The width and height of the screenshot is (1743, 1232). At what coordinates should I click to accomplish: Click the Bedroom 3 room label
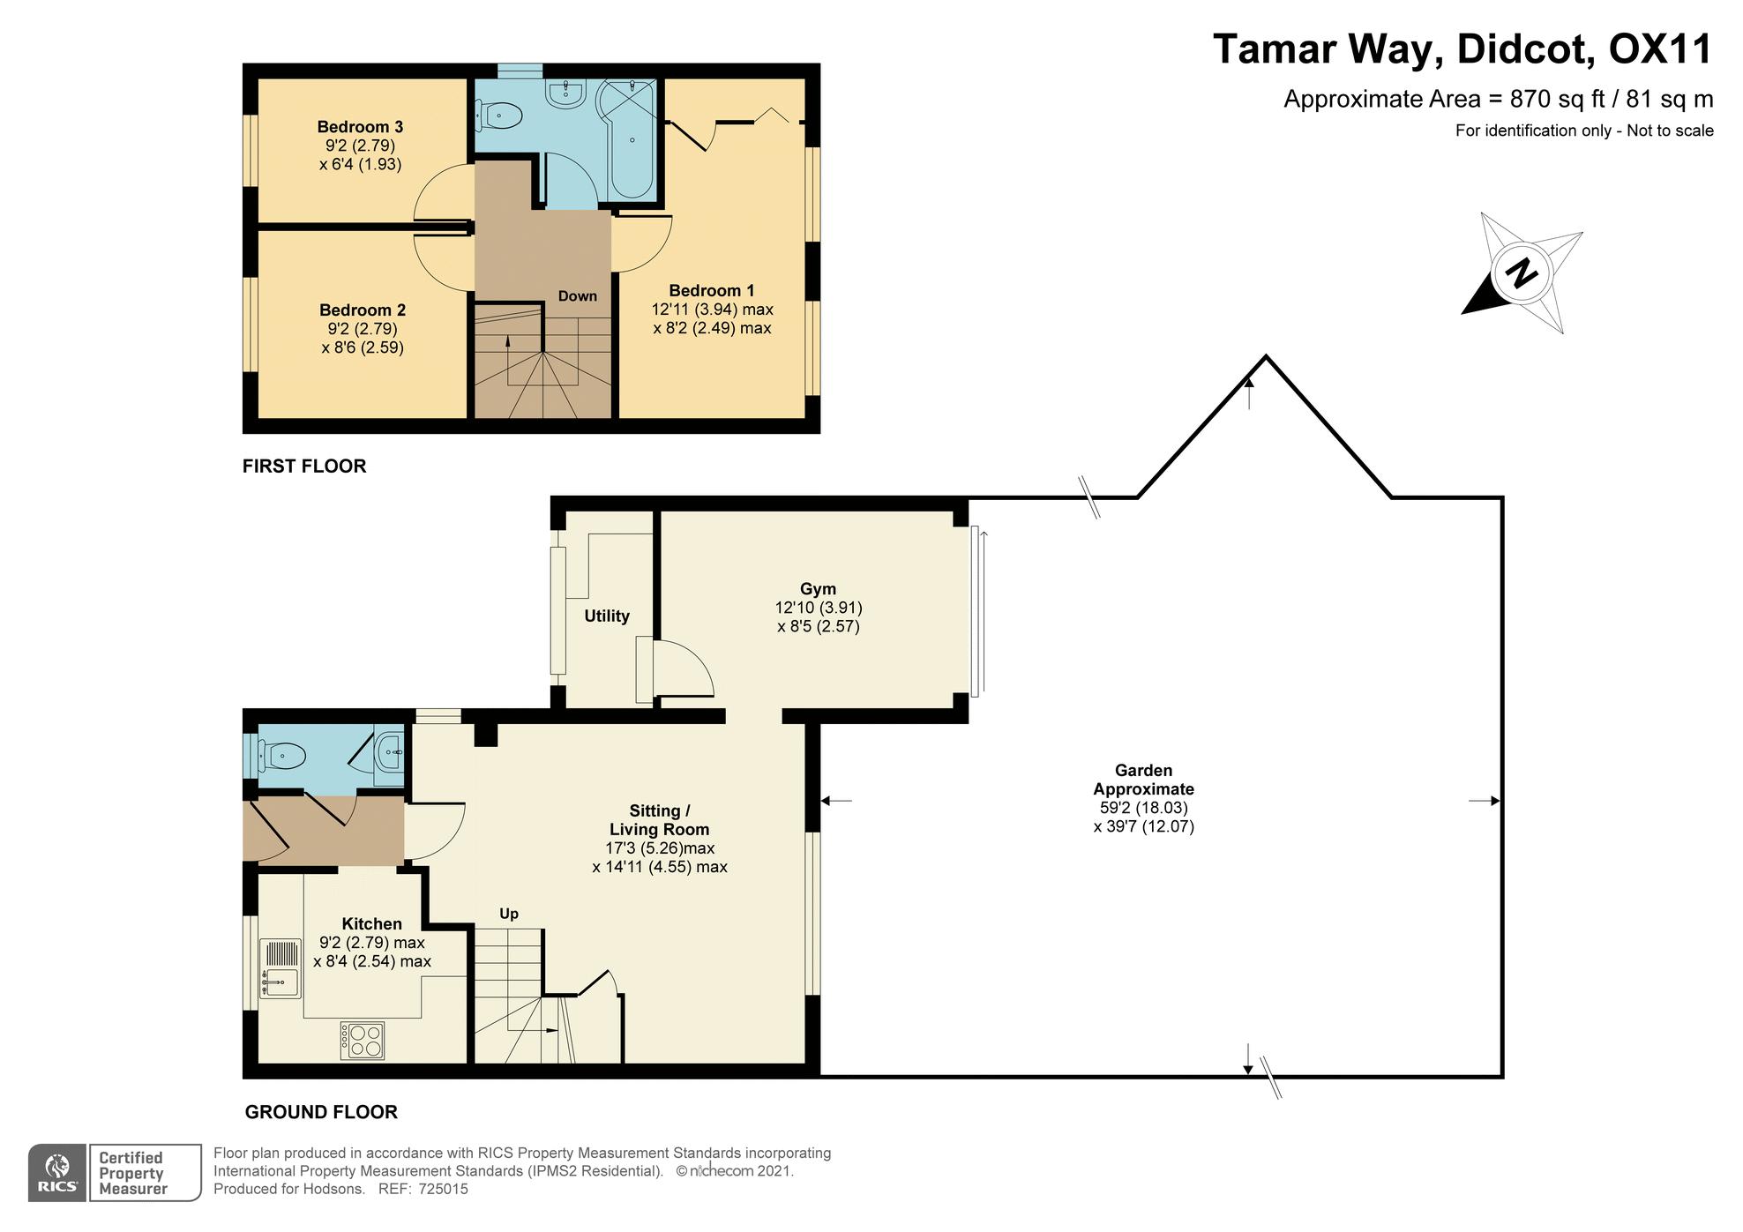[x=360, y=127]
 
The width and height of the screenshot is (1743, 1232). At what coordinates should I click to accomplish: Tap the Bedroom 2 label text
[x=363, y=310]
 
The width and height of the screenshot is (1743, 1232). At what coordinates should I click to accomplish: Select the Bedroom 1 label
[x=712, y=291]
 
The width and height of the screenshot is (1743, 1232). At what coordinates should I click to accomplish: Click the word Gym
[x=818, y=589]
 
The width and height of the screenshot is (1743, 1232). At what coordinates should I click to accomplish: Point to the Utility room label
[x=607, y=616]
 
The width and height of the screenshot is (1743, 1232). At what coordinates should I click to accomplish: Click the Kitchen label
[x=371, y=924]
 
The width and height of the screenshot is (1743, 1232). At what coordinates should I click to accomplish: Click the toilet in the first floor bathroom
[x=499, y=114]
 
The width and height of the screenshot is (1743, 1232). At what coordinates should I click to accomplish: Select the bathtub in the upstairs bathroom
[x=628, y=139]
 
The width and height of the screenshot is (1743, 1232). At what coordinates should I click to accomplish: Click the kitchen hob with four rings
[x=363, y=1041]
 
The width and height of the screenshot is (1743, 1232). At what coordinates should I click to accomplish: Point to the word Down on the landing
[x=578, y=296]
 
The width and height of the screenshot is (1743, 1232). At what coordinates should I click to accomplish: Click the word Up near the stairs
[x=509, y=914]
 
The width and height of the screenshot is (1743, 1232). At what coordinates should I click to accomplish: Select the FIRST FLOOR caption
[x=304, y=466]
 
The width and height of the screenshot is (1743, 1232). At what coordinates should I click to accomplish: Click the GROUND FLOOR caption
[x=321, y=1112]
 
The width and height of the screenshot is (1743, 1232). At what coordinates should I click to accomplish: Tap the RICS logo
[x=57, y=1173]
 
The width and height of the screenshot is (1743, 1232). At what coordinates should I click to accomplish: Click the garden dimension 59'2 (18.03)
[x=1144, y=808]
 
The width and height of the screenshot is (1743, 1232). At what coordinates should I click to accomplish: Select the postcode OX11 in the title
[x=1660, y=49]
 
